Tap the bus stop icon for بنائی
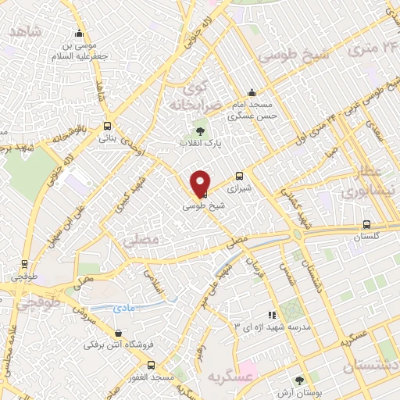[x=107, y=125]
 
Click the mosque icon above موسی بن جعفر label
[x=79, y=33]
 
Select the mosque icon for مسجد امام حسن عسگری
[x=251, y=91]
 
